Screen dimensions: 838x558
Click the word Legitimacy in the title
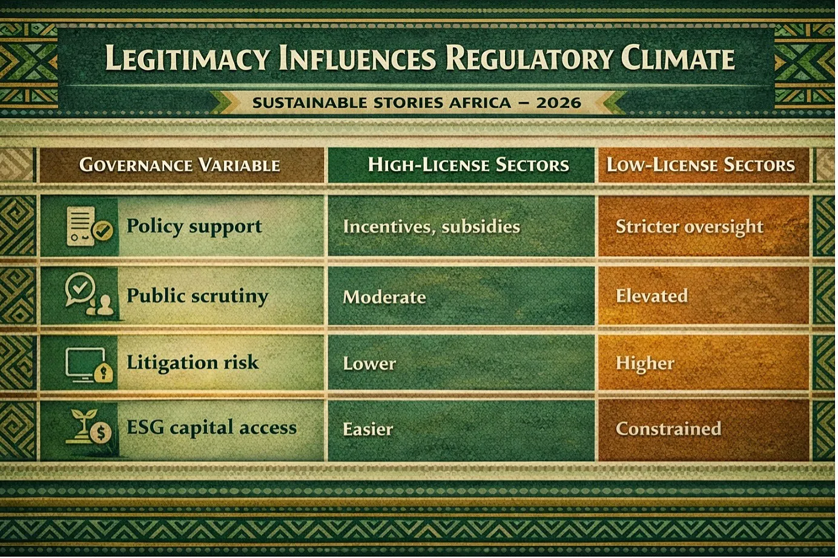coord(187,58)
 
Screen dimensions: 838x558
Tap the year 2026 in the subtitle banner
coord(558,103)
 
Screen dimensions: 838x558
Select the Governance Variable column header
coord(180,165)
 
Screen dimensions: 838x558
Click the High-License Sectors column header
coord(469,165)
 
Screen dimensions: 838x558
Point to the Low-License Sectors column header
coord(701,165)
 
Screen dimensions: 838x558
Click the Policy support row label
coord(194,226)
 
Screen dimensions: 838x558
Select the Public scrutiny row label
coord(197,296)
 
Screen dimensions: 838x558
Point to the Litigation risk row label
coord(193,363)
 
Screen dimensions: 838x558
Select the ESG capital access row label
coord(211,428)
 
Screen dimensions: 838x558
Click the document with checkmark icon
coord(90,226)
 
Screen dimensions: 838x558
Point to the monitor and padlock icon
coord(89,365)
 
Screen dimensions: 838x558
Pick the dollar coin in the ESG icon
coord(101,433)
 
